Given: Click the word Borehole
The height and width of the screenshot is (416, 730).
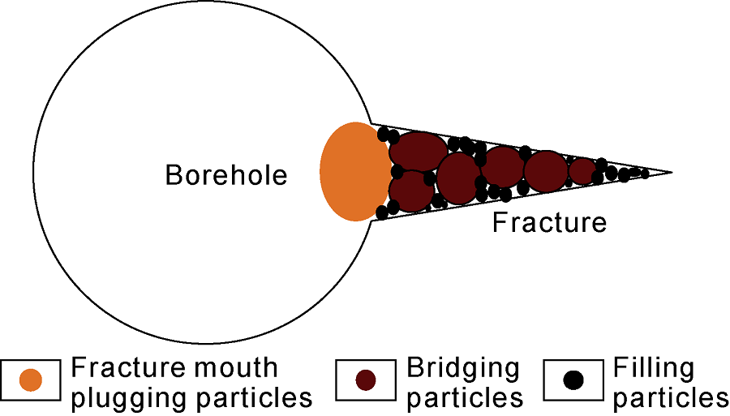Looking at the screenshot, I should point(226,175).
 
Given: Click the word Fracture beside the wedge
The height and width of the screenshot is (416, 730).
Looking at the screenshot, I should point(549,221).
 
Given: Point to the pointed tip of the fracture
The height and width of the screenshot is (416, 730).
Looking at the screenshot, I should point(670,172).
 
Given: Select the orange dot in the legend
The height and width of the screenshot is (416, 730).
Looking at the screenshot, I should point(31,380).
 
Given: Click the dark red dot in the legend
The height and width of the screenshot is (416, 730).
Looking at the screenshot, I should point(366,380).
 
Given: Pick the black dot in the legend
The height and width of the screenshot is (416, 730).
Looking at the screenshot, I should point(573,380).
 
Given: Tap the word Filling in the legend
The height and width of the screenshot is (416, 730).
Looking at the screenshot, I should point(654,368).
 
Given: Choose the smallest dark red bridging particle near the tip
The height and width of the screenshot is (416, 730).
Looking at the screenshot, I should point(582,171).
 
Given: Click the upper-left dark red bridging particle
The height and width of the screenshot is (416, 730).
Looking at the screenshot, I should point(418,150).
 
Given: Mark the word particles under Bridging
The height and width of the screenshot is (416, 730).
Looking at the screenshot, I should point(464,398).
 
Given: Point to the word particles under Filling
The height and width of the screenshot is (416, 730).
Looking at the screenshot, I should point(671,398).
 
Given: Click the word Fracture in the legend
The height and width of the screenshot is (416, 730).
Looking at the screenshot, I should point(126,368).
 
